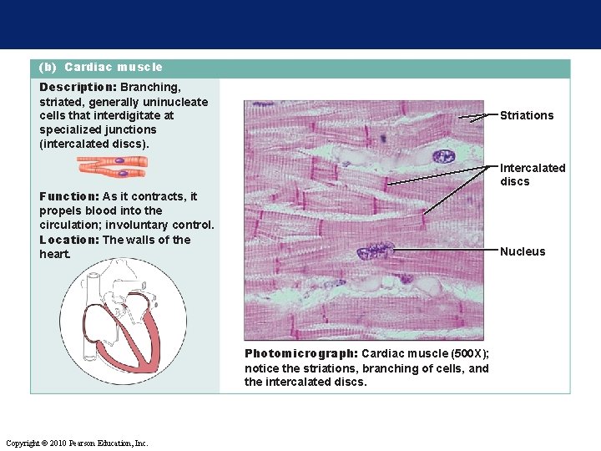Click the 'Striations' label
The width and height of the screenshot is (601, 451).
tap(526, 115)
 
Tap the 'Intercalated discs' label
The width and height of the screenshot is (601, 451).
tap(532, 175)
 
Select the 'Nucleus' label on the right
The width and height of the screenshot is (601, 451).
tap(522, 251)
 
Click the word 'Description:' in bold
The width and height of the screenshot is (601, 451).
tap(78, 87)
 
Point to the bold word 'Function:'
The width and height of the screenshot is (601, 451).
tap(69, 196)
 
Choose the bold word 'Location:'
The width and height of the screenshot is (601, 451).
tap(69, 240)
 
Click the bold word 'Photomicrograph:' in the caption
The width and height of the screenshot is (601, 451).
tap(300, 353)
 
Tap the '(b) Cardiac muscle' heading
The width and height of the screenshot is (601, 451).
tap(101, 67)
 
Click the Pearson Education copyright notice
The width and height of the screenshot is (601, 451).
tap(77, 443)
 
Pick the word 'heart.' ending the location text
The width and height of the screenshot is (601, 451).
tap(55, 254)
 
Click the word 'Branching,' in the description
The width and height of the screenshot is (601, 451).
tap(150, 87)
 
